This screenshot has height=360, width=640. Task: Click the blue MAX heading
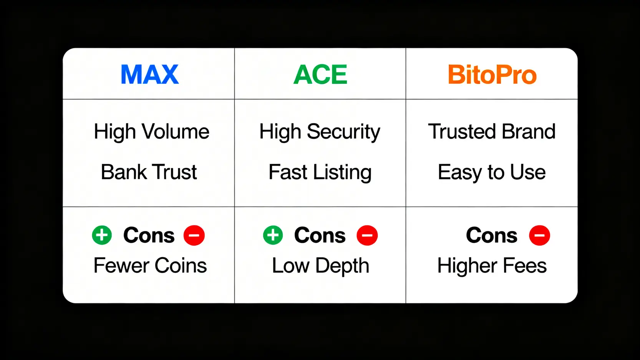coord(150,74)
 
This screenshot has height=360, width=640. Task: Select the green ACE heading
coord(320,74)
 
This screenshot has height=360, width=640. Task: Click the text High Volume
coord(151,132)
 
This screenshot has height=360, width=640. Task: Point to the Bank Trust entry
coord(149,172)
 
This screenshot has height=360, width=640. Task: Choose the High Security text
coord(320,132)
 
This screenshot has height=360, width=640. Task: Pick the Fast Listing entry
coord(320,173)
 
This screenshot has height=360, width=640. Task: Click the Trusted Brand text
coord(492,131)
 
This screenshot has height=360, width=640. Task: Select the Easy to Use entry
coord(492,173)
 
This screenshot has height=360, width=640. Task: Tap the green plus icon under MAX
coord(102,235)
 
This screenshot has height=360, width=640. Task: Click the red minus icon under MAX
coord(194,235)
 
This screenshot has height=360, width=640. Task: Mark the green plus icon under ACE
coord(273,235)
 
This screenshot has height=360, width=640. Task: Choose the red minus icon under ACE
coord(367,235)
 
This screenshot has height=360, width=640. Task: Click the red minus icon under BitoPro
coord(539,235)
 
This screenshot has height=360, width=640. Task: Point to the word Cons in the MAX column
coord(149,236)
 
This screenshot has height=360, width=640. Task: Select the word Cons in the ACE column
coord(320,236)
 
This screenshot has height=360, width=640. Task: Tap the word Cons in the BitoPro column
coord(492,236)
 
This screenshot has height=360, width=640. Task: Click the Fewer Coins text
coord(150,265)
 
